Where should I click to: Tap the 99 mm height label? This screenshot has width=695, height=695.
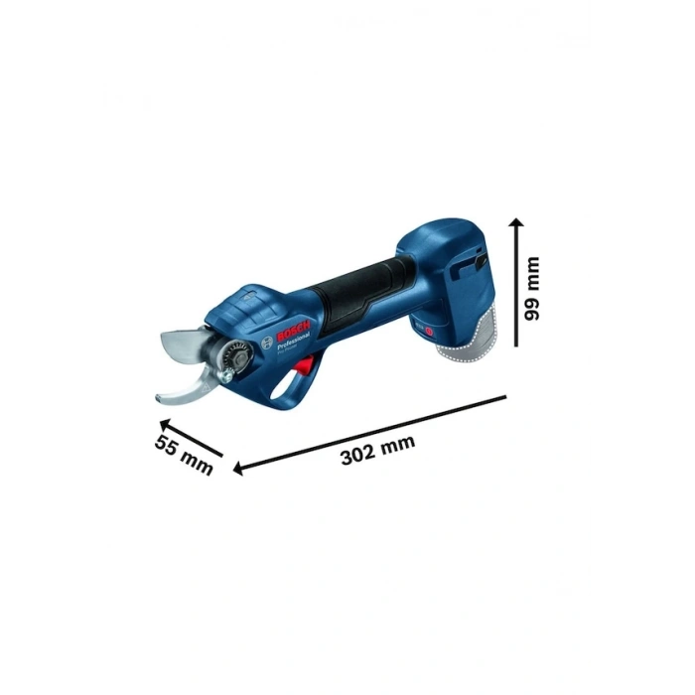534,287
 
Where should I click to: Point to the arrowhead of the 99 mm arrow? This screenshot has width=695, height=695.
516,224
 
